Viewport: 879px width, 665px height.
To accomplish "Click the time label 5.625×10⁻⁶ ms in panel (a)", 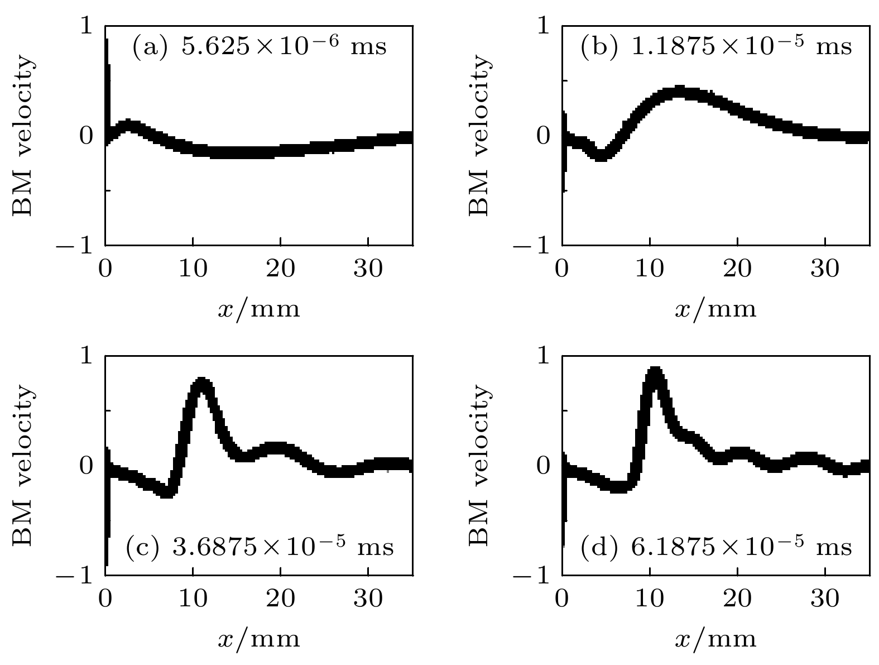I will click(x=259, y=46).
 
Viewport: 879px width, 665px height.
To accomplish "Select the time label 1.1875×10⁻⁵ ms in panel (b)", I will click(x=716, y=46).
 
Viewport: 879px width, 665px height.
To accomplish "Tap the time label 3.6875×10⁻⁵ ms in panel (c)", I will click(x=260, y=547).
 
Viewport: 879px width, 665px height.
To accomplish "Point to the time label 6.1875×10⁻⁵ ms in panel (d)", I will click(x=716, y=547).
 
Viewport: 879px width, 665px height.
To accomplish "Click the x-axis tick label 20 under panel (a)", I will click(x=280, y=270).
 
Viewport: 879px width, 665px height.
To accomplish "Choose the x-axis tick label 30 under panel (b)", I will click(x=825, y=270).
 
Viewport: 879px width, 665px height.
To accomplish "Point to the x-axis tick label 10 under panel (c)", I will click(x=193, y=599).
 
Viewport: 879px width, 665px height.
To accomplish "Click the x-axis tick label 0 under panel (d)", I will click(x=562, y=599).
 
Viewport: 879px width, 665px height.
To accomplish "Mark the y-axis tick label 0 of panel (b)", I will click(x=542, y=136).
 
